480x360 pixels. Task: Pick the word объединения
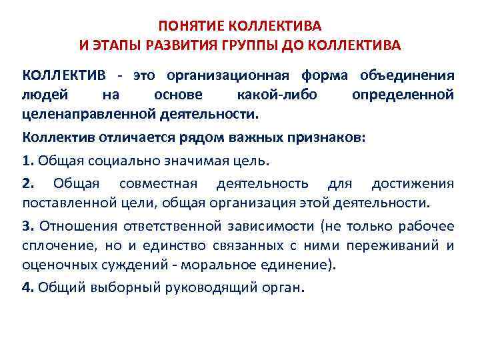pos(407,75)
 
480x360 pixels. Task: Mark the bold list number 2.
pos(28,183)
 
